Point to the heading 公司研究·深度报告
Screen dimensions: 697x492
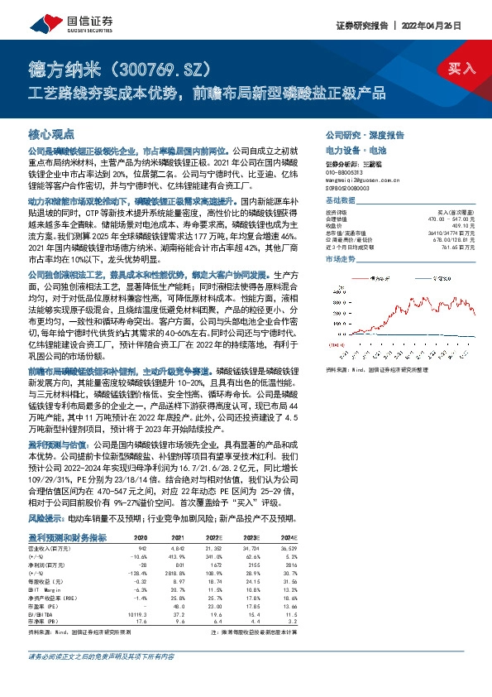pos(364,134)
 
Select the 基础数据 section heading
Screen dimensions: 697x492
pos(341,199)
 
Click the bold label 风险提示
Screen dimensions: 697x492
pos(46,518)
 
